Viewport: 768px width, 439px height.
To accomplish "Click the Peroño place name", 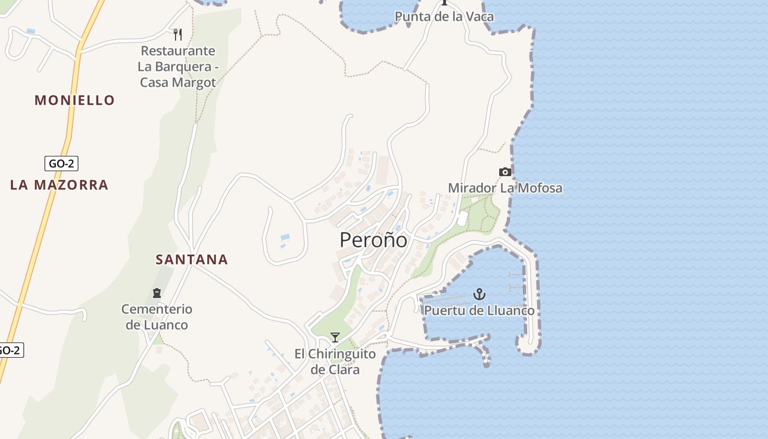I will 374,240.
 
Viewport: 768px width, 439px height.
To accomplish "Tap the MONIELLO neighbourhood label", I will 75,100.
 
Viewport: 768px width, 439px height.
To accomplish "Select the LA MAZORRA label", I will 59,185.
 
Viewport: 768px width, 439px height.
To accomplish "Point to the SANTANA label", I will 191,260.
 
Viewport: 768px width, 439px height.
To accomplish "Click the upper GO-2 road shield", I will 61,164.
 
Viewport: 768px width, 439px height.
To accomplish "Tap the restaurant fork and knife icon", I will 178,35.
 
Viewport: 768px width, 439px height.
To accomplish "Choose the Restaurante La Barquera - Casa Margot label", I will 178,67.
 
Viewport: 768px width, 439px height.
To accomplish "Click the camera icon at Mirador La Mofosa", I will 505,172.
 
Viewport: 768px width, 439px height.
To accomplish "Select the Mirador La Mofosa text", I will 505,188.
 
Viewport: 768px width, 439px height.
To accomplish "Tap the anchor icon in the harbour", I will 479,295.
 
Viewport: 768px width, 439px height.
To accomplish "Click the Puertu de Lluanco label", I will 479,311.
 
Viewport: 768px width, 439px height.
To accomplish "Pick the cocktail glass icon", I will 335,337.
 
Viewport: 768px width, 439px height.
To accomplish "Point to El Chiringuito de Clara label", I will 335,362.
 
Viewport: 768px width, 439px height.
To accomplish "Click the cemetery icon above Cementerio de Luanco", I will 157,293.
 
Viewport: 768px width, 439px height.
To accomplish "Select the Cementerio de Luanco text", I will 157,317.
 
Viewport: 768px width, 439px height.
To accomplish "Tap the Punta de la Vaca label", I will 444,16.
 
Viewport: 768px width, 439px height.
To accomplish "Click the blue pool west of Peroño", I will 285,238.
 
